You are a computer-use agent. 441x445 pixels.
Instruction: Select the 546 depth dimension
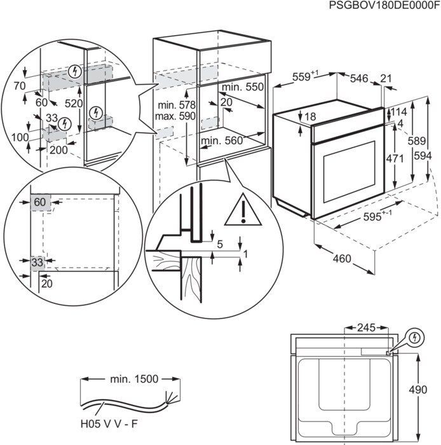[359, 78]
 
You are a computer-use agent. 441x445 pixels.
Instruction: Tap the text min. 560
[222, 140]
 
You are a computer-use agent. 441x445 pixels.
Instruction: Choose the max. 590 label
[176, 116]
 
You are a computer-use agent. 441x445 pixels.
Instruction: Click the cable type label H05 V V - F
[108, 421]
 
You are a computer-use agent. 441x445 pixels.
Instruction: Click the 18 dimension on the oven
[309, 116]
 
